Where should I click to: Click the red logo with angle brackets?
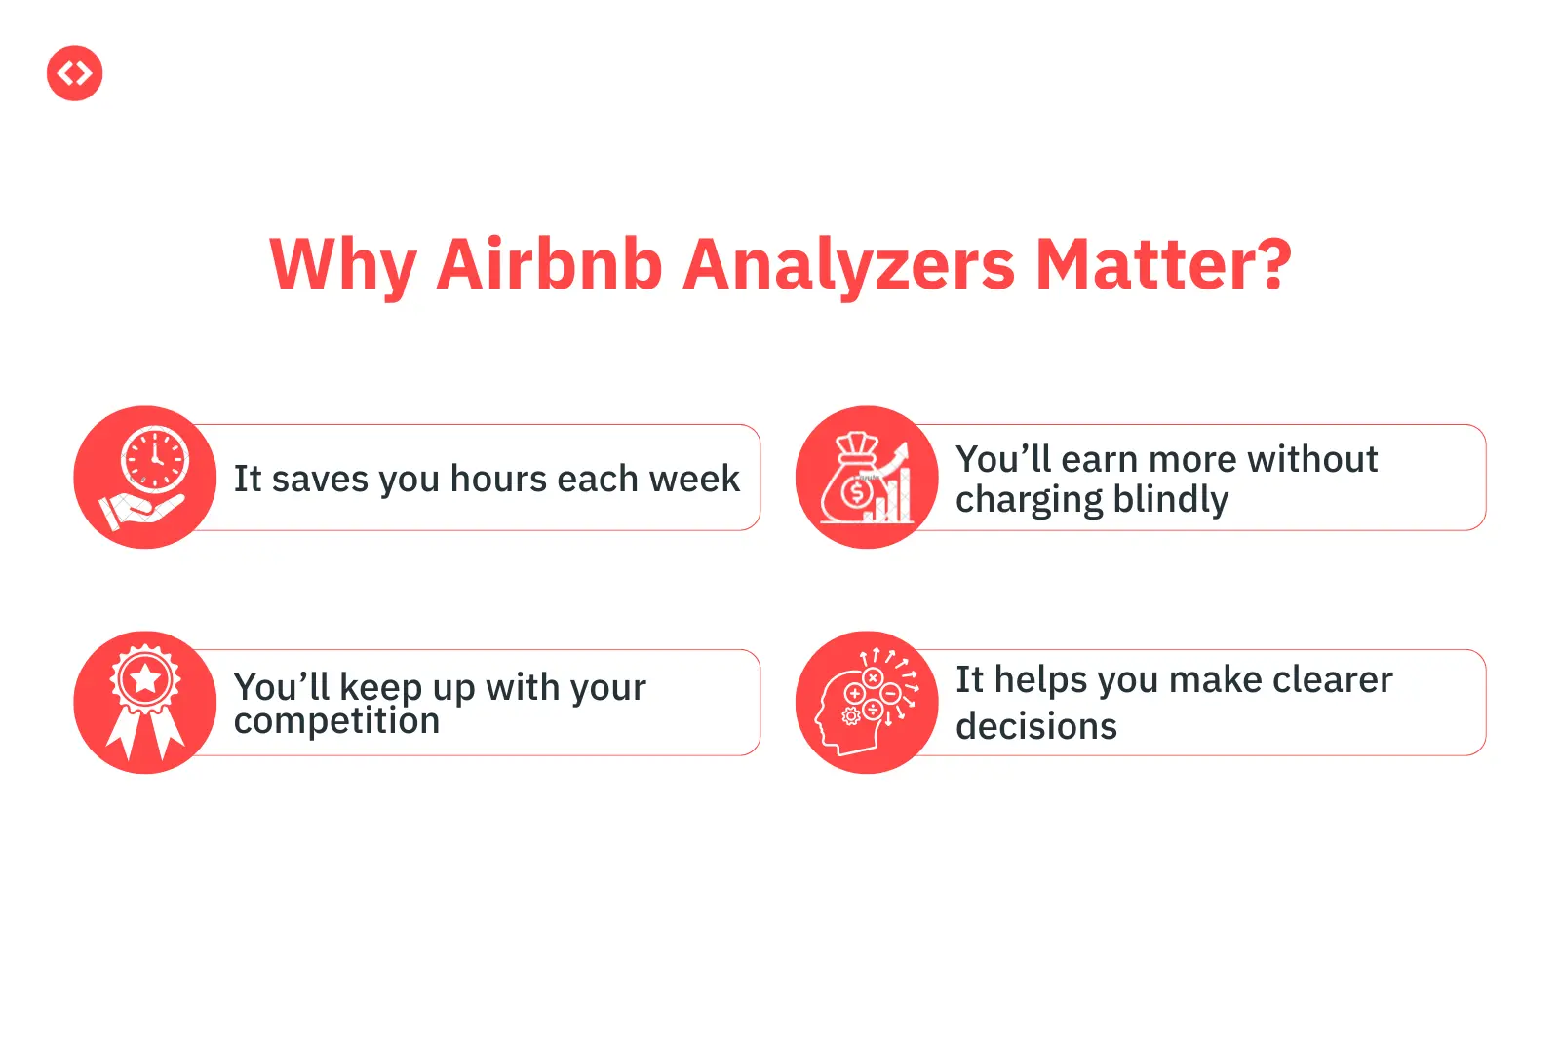pos(74,73)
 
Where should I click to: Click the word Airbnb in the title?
pos(550,265)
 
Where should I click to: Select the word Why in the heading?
pos(343,267)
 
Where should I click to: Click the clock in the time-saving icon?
pos(155,459)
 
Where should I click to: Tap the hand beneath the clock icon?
pos(141,511)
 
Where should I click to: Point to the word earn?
pos(1100,460)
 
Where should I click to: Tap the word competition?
pos(336,720)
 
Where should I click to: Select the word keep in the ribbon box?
pos(380,688)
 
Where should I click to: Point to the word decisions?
pos(1036,726)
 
